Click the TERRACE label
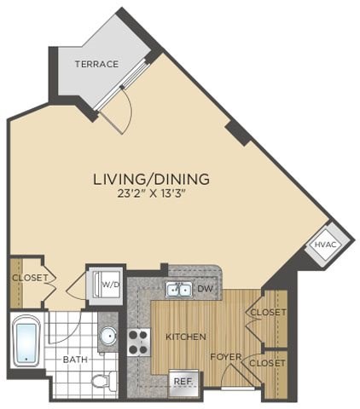[96, 64]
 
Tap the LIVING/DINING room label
[151, 179]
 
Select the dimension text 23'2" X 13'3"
[151, 193]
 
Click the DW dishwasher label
[204, 290]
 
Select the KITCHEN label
[185, 337]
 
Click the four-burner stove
[139, 342]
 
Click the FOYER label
[226, 356]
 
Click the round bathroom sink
[107, 337]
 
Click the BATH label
[75, 359]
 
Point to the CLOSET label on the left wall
[28, 277]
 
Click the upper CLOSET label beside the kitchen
[266, 313]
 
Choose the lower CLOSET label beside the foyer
[266, 363]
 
